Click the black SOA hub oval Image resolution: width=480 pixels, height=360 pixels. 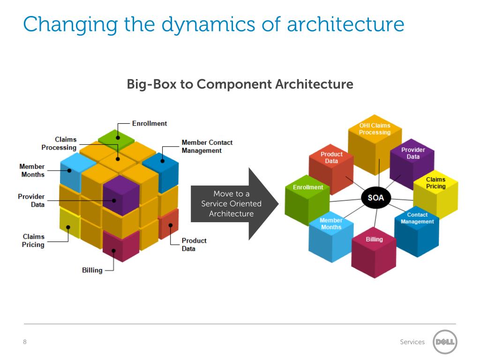(x=375, y=198)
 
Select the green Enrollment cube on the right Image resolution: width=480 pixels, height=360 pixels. (x=307, y=199)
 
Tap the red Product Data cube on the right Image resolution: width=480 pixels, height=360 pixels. (x=331, y=166)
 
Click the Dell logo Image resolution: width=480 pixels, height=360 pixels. (x=444, y=342)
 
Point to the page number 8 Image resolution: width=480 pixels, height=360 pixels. (x=25, y=342)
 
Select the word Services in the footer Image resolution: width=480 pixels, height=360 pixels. (x=412, y=342)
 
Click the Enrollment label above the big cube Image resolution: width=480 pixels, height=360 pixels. (x=149, y=124)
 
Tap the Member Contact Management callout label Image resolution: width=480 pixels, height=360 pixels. (x=207, y=147)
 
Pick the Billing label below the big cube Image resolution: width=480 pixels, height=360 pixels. (x=92, y=270)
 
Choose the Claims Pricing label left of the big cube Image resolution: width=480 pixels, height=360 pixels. (x=33, y=240)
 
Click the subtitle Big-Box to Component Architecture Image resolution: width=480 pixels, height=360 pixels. (x=240, y=84)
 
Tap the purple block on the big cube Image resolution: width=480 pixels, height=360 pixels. (x=121, y=195)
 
